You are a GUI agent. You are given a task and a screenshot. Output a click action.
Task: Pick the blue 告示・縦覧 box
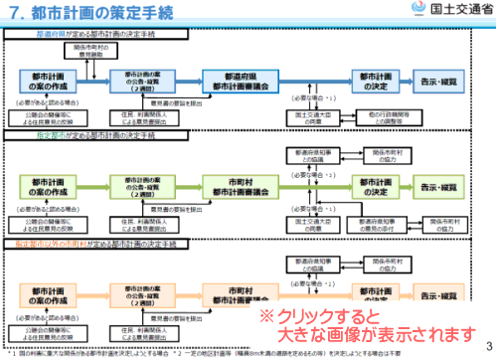(448, 81)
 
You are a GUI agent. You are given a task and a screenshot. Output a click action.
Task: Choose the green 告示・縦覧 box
(448, 187)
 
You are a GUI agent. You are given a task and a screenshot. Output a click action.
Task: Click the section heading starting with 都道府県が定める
(83, 33)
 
